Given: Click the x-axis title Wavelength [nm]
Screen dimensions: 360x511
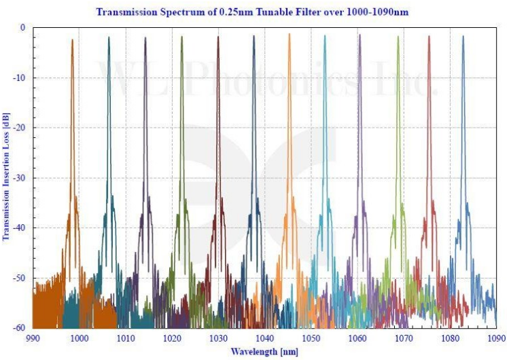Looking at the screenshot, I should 264,350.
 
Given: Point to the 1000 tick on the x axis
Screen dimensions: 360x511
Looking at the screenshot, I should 79,338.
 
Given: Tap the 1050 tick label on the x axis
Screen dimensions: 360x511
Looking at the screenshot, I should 311,338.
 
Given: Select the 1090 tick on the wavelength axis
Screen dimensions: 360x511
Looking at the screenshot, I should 497,338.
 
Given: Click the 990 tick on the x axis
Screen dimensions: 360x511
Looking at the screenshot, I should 33,338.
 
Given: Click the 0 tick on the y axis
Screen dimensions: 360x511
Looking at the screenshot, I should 22,28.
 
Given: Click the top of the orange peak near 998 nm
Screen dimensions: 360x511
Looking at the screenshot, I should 72,39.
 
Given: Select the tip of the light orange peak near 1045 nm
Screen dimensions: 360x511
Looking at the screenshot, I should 289,33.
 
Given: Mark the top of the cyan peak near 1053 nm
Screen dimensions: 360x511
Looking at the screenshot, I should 324,35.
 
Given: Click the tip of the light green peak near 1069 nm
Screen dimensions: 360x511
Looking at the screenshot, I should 398,37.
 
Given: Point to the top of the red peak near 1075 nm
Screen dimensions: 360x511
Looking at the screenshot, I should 429,37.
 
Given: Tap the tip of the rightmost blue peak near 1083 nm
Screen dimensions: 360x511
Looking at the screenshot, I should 463,37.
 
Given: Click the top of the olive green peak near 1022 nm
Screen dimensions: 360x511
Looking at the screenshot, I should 182,37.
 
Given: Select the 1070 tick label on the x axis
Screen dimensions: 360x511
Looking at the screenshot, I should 404,338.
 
